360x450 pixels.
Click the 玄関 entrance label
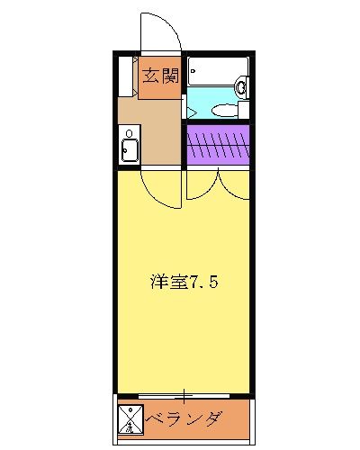(x=161, y=76)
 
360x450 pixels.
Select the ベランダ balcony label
(x=184, y=419)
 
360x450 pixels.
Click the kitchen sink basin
(x=128, y=149)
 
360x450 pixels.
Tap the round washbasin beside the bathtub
(x=240, y=87)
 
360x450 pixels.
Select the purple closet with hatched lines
(x=216, y=145)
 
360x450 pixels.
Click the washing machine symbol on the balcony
(x=129, y=420)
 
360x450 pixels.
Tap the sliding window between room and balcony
(x=184, y=395)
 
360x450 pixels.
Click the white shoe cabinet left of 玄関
(x=127, y=76)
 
